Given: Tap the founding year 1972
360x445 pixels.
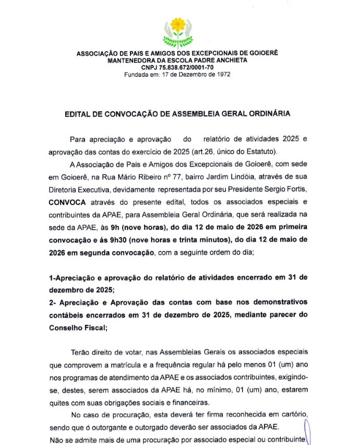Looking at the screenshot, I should coord(221,74).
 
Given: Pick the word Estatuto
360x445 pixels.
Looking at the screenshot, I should coord(259,151).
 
